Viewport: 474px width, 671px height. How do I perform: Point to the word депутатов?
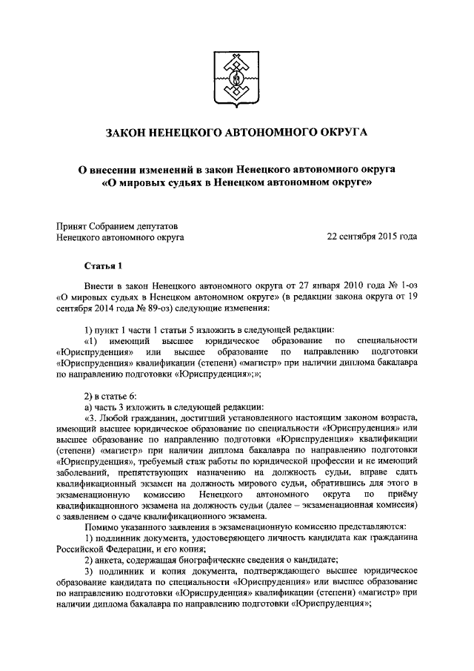[x=155, y=225]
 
